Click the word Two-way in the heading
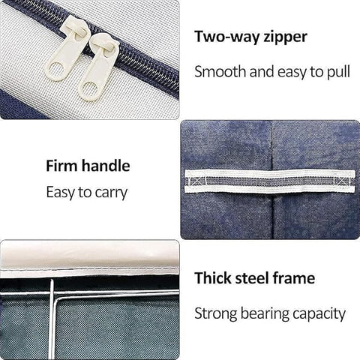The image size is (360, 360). [227, 37]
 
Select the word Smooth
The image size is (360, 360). [220, 71]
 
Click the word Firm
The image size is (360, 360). [61, 166]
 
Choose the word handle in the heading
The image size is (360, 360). [106, 166]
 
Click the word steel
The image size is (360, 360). [253, 278]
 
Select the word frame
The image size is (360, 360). [294, 278]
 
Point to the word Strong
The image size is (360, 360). [215, 314]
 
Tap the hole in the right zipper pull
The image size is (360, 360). [88, 89]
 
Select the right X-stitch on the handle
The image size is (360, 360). [342, 181]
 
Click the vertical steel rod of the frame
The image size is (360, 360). [52, 319]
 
